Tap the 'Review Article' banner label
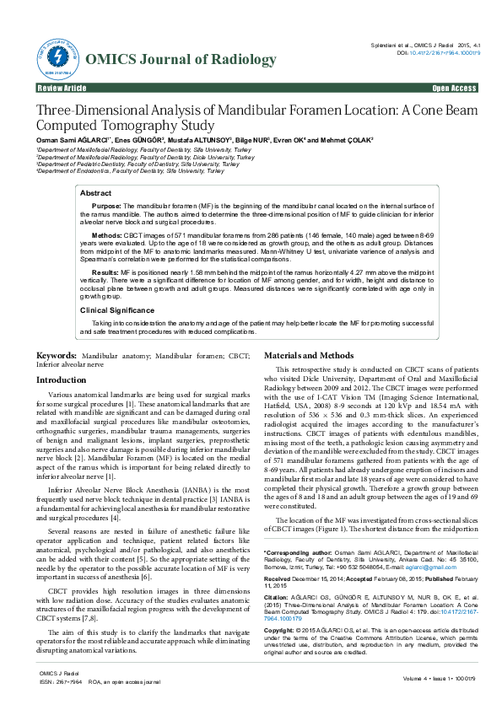62,88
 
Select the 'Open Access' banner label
454,88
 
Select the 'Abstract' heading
95,193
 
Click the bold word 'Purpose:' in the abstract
106,206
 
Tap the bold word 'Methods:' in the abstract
106,234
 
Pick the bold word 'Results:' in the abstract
105,273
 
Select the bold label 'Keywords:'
57,357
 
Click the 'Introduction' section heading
61,380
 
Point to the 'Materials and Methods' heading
309,356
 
